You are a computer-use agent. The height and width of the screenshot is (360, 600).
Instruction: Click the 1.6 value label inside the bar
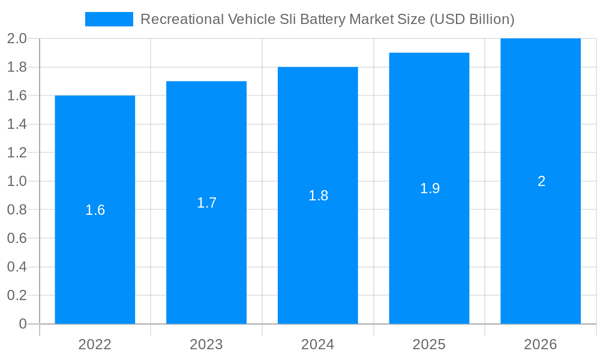tap(95, 210)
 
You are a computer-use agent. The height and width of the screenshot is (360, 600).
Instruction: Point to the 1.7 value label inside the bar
tap(206, 203)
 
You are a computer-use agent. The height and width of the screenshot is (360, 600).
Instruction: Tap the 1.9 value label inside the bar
tap(430, 188)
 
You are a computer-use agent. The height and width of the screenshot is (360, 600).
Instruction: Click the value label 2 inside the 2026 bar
tap(541, 181)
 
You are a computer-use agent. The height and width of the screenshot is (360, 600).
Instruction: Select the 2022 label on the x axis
tap(95, 344)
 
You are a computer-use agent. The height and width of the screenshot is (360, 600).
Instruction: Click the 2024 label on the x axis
tap(318, 344)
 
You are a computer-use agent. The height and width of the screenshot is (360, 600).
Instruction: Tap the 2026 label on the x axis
tap(541, 344)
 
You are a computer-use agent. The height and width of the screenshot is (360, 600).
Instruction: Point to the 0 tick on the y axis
tap(23, 324)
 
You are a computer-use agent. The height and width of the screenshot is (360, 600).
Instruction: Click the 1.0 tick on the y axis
tap(17, 181)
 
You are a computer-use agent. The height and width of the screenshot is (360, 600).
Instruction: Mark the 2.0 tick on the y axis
tap(17, 38)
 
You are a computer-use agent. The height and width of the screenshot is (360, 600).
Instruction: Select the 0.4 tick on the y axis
tap(17, 267)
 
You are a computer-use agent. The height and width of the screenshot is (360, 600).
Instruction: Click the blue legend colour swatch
tap(109, 19)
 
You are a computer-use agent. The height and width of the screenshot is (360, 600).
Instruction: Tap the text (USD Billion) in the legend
tap(471, 19)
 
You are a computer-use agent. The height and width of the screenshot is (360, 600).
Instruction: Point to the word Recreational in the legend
tap(182, 19)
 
